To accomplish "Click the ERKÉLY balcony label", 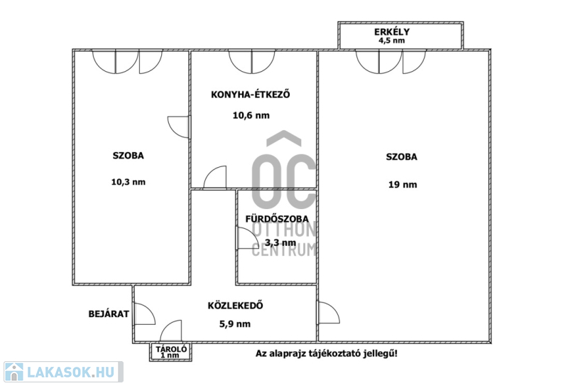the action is (x=392, y=31).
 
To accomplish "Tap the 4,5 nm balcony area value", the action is (x=392, y=41).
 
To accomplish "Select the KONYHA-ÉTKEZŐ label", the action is (x=251, y=95).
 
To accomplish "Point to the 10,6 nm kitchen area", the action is (x=251, y=115).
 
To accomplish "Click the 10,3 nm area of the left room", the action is (x=129, y=182).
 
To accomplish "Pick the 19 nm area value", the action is (x=403, y=185).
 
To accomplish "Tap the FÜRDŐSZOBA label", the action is (x=277, y=219).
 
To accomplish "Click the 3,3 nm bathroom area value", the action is (x=280, y=242).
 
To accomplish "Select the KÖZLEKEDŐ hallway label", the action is (x=236, y=306).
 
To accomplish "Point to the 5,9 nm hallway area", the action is (x=235, y=324).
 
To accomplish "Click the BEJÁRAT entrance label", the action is (x=109, y=313).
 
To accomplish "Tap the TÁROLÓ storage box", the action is (x=171, y=352).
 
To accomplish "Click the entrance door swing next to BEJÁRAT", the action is (x=145, y=314).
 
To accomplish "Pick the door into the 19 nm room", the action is (x=329, y=312).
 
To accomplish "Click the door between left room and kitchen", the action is (x=179, y=127).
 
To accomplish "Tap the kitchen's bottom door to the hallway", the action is (x=215, y=178).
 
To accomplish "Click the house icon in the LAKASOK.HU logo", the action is (x=13, y=372).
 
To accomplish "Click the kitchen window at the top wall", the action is (x=252, y=62).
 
